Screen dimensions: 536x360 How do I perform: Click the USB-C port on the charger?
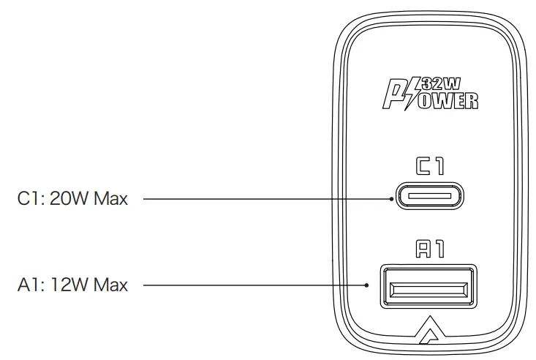[430, 196]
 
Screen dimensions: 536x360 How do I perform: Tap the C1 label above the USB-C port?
[430, 167]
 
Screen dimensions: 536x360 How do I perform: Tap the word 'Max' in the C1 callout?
[110, 198]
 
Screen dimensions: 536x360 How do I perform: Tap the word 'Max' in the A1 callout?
[110, 285]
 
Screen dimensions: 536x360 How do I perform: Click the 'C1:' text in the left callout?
[31, 198]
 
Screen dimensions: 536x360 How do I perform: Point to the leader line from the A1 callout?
[256, 285]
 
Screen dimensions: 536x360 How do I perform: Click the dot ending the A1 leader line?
[367, 285]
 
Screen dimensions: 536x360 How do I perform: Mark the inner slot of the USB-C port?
[430, 196]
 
